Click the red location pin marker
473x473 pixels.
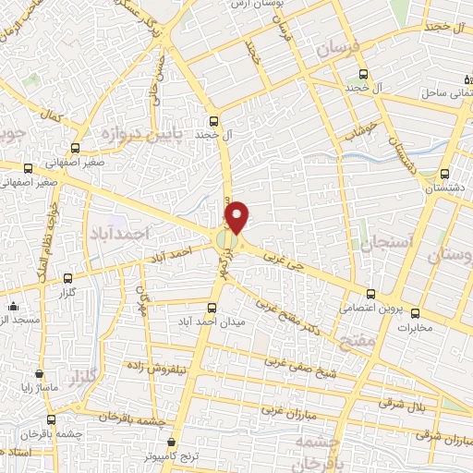coord(237,216)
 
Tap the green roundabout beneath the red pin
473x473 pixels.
coord(227,241)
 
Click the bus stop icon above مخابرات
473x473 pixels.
coord(415,312)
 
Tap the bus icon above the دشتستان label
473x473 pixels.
coord(444,173)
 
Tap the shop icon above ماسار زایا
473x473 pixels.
coord(40,374)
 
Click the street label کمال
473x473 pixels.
coord(54,118)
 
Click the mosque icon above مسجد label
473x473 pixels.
coord(12,306)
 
